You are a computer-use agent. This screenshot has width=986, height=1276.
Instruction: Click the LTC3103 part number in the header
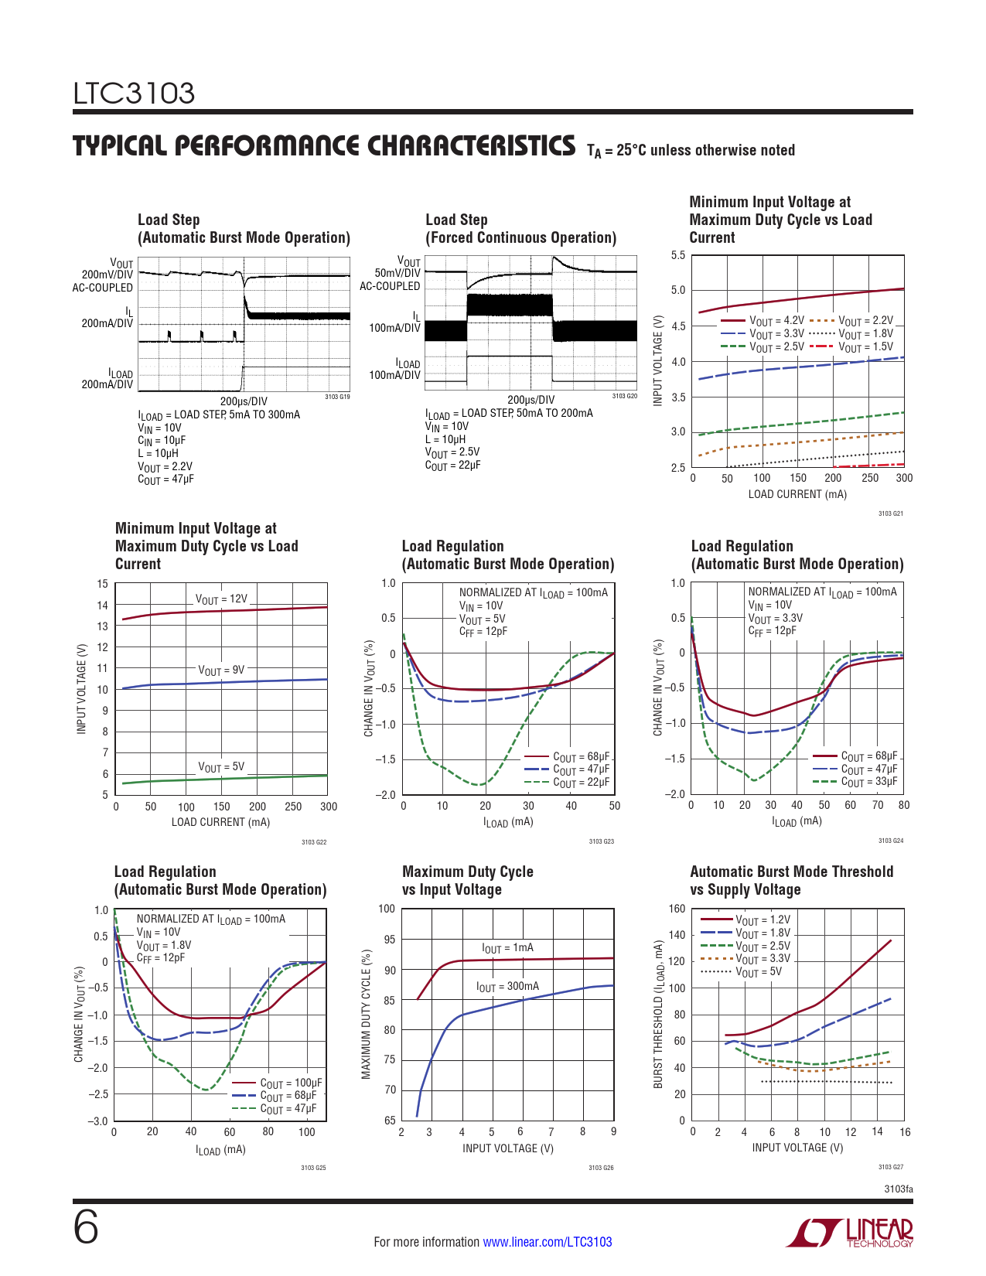[x=134, y=94]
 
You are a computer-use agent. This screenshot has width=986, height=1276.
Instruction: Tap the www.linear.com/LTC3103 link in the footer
[x=548, y=1242]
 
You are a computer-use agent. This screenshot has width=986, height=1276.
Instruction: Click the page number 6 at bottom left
[x=86, y=1228]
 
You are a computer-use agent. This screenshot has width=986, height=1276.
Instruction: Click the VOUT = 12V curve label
[x=221, y=599]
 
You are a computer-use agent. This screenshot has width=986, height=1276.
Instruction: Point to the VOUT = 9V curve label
[x=221, y=670]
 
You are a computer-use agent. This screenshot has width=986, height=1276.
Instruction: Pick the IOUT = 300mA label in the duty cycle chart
[x=507, y=987]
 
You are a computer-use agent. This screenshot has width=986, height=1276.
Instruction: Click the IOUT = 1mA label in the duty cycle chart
[x=507, y=948]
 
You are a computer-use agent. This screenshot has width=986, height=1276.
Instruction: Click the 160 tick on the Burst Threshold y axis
[x=677, y=909]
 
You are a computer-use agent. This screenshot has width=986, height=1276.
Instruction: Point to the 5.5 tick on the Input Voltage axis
[x=677, y=255]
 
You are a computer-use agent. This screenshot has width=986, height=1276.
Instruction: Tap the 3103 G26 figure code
[x=601, y=1168]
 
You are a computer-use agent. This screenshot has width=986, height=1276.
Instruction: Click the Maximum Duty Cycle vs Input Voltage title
[x=467, y=881]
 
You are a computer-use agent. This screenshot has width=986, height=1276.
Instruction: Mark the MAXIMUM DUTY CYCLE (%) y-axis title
[x=367, y=1014]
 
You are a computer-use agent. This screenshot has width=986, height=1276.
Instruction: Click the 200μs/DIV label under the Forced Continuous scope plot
[x=531, y=400]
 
